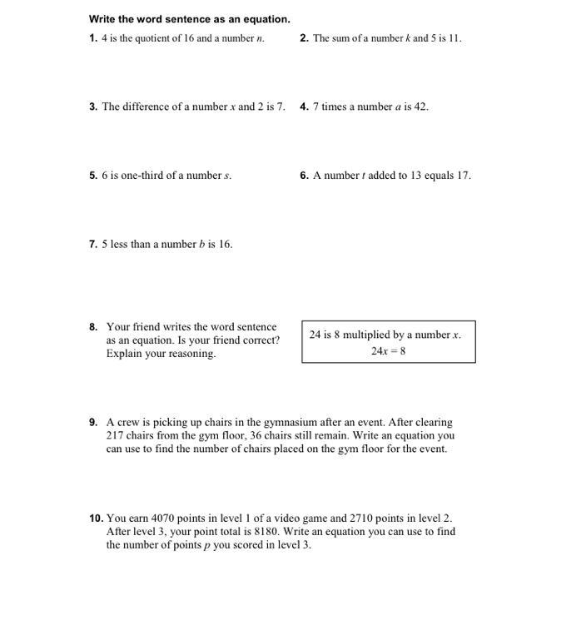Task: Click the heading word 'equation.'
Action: click(x=265, y=19)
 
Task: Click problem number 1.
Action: click(x=93, y=38)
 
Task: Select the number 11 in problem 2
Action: click(x=454, y=38)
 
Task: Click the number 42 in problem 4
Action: click(x=421, y=107)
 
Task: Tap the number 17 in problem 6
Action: click(x=464, y=176)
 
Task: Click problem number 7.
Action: click(x=93, y=245)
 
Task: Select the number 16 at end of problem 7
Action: click(x=225, y=245)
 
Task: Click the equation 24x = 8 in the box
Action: click(x=389, y=350)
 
